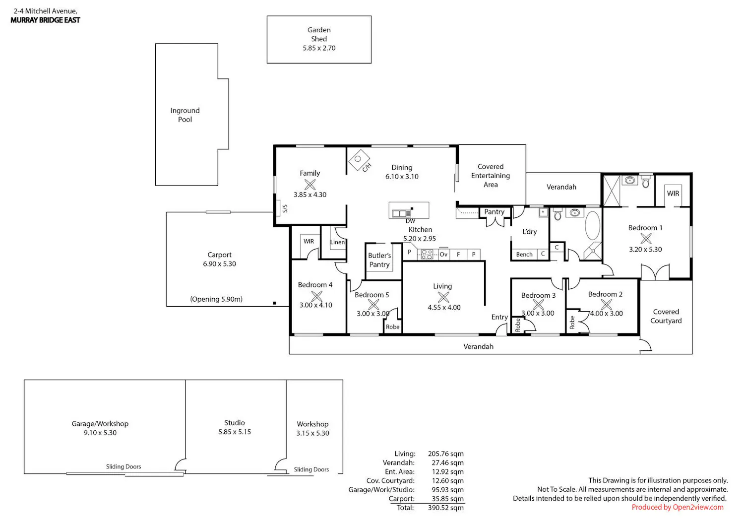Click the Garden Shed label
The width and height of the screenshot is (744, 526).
pyautogui.click(x=319, y=34)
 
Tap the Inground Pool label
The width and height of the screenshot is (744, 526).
pyautogui.click(x=185, y=115)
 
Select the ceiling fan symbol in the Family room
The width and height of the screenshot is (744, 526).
pyautogui.click(x=310, y=185)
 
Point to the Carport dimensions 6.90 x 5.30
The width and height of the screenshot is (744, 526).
pyautogui.click(x=219, y=264)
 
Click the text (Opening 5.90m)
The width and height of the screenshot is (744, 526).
pyautogui.click(x=216, y=299)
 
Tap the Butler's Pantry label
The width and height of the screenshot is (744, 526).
pyautogui.click(x=379, y=260)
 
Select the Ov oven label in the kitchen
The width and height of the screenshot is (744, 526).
pyautogui.click(x=443, y=255)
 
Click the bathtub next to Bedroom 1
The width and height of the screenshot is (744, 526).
pyautogui.click(x=592, y=225)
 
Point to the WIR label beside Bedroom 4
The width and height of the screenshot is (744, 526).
pyautogui.click(x=309, y=241)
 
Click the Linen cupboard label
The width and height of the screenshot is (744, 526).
pyautogui.click(x=337, y=242)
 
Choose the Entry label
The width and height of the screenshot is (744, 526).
pyautogui.click(x=499, y=317)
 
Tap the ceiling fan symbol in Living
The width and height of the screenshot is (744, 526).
pyautogui.click(x=443, y=297)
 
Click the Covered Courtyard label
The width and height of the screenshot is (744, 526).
pyautogui.click(x=666, y=316)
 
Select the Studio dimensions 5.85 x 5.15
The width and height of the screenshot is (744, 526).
pyautogui.click(x=235, y=432)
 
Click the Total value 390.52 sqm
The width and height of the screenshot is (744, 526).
pyautogui.click(x=446, y=508)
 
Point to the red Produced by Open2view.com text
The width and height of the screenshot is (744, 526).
pyautogui.click(x=678, y=507)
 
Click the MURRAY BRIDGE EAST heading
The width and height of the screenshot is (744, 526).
pyautogui.click(x=45, y=20)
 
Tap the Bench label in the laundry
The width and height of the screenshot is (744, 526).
pyautogui.click(x=524, y=255)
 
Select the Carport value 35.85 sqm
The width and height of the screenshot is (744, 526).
pyautogui.click(x=448, y=499)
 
